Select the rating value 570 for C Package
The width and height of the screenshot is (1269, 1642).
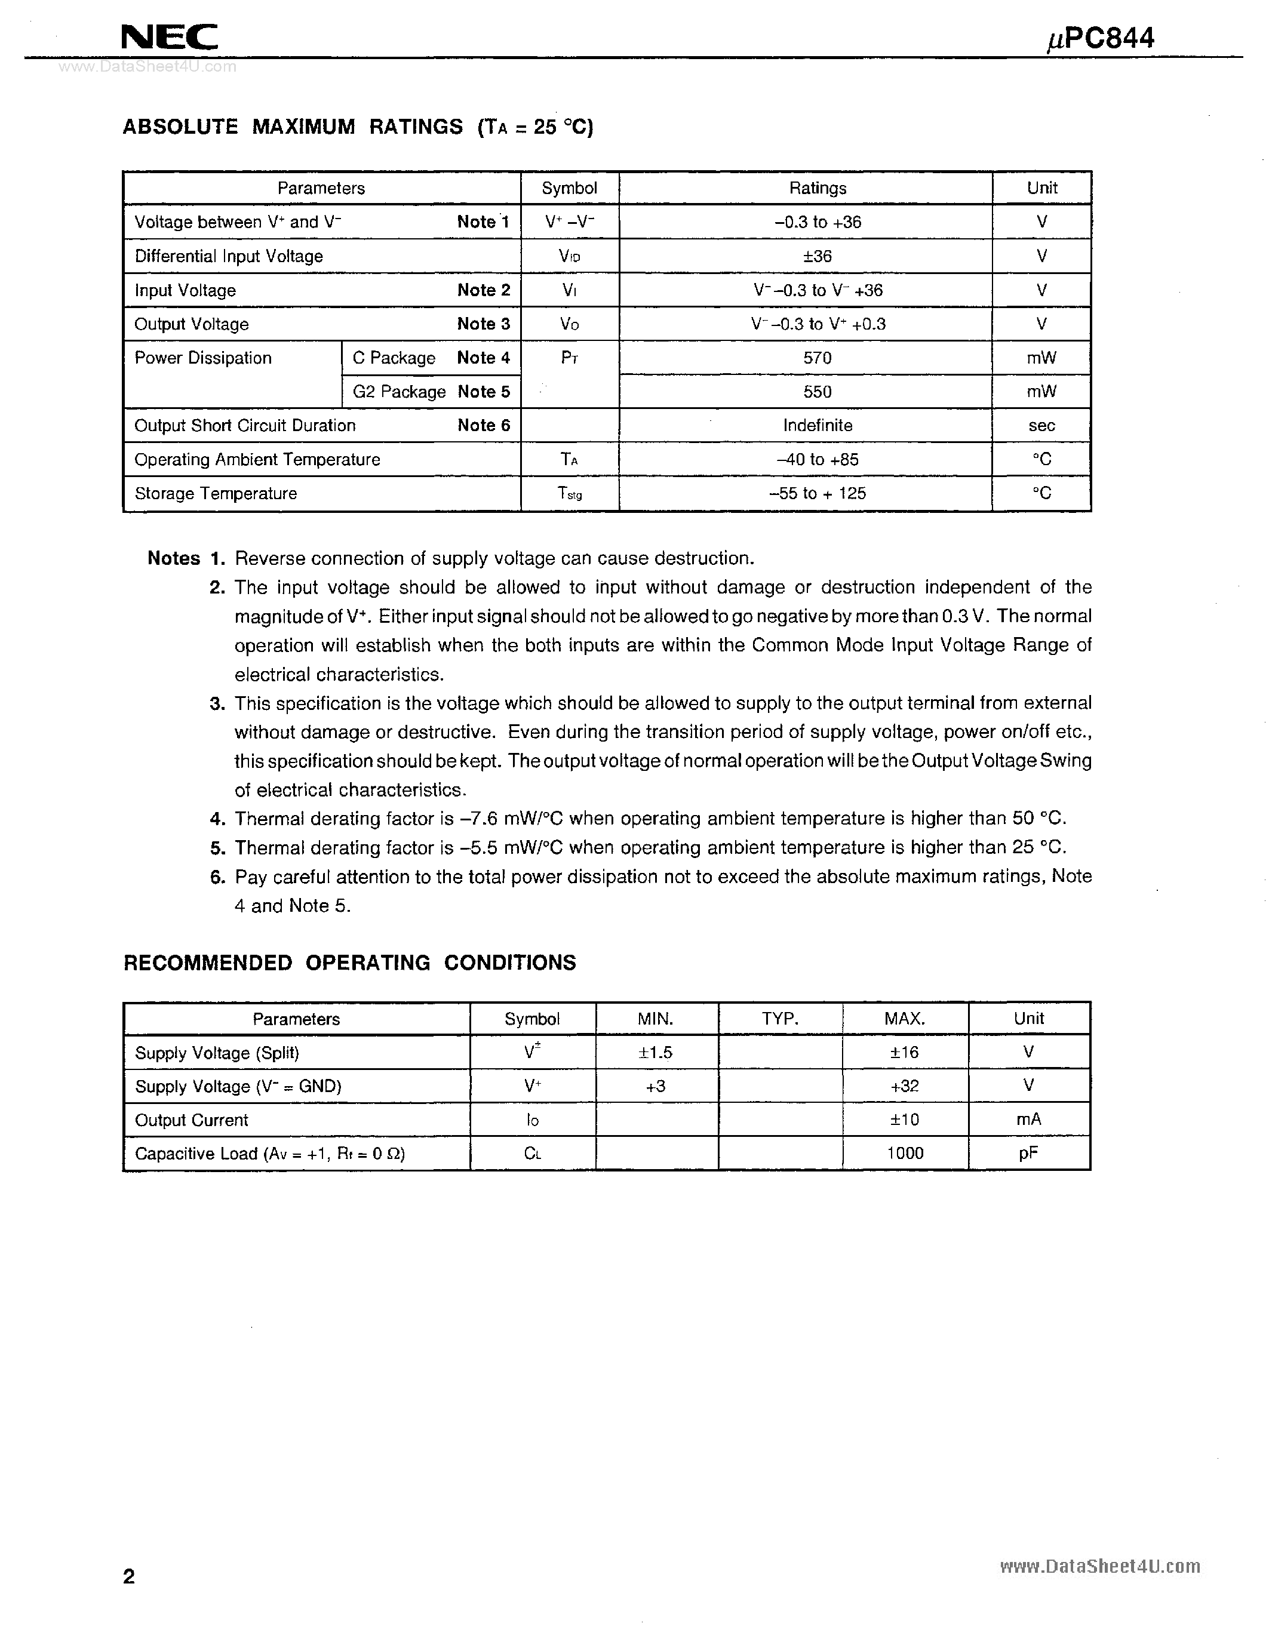pos(817,358)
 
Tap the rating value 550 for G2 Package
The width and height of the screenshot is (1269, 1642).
pos(817,392)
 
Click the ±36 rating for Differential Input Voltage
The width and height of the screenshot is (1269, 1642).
pos(817,256)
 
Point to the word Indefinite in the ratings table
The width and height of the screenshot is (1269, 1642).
pos(817,426)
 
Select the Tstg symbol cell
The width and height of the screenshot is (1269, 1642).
pos(569,493)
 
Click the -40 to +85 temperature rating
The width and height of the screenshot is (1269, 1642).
pos(817,459)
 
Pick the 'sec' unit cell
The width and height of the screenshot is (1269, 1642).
pos(1041,426)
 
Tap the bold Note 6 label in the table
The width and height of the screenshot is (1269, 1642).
pos(483,426)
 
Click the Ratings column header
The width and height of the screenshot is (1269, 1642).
pos(817,188)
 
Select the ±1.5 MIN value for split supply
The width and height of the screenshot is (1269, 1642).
pos(656,1053)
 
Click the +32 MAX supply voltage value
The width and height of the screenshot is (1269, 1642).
pos(904,1086)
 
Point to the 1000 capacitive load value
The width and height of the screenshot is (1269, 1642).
pos(904,1154)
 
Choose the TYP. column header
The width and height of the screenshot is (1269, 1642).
pos(779,1019)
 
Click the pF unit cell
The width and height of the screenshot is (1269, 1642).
pos(1028,1154)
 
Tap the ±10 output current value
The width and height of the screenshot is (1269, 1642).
pos(904,1120)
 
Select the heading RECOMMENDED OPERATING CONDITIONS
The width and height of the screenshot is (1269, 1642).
pos(349,963)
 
